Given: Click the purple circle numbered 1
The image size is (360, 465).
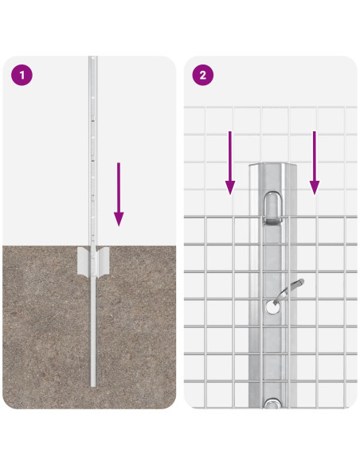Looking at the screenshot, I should (22, 76).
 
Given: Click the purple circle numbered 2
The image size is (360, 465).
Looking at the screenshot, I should (202, 76).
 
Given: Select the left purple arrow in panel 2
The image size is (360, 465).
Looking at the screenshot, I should (230, 162).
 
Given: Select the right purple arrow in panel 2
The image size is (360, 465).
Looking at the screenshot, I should (315, 162).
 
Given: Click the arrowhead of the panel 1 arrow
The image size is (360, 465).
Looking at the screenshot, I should (119, 218).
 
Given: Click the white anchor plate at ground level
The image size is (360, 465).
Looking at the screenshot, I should (93, 263).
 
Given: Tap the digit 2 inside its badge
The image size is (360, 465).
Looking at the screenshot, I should (202, 76).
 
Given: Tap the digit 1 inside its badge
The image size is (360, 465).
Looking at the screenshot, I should (22, 76).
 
